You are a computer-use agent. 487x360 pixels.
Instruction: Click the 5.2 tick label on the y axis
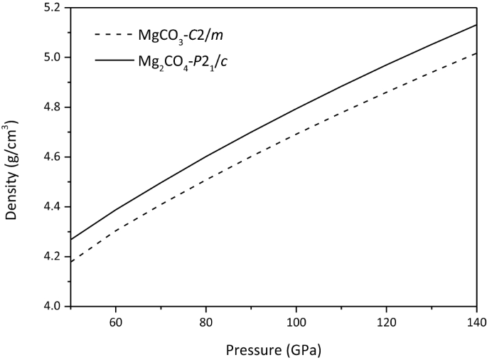point(53,8)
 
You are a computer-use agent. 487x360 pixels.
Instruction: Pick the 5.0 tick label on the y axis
point(53,57)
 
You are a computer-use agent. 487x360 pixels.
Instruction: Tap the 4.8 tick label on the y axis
point(53,107)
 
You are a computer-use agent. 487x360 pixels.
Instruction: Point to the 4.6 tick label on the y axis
point(53,157)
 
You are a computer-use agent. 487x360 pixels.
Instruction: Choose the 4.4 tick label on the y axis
point(53,206)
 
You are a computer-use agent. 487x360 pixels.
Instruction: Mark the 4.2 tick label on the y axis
point(53,256)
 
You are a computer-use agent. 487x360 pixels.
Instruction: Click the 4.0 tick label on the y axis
point(53,306)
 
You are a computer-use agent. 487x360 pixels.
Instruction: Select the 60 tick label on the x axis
point(115,321)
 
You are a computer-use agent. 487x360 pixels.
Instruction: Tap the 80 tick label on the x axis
point(205,321)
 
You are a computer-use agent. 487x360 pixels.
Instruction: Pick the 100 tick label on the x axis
point(296,321)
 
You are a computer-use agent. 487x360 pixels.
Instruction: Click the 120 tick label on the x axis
point(386,321)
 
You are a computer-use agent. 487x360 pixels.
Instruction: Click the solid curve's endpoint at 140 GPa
point(476,25)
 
